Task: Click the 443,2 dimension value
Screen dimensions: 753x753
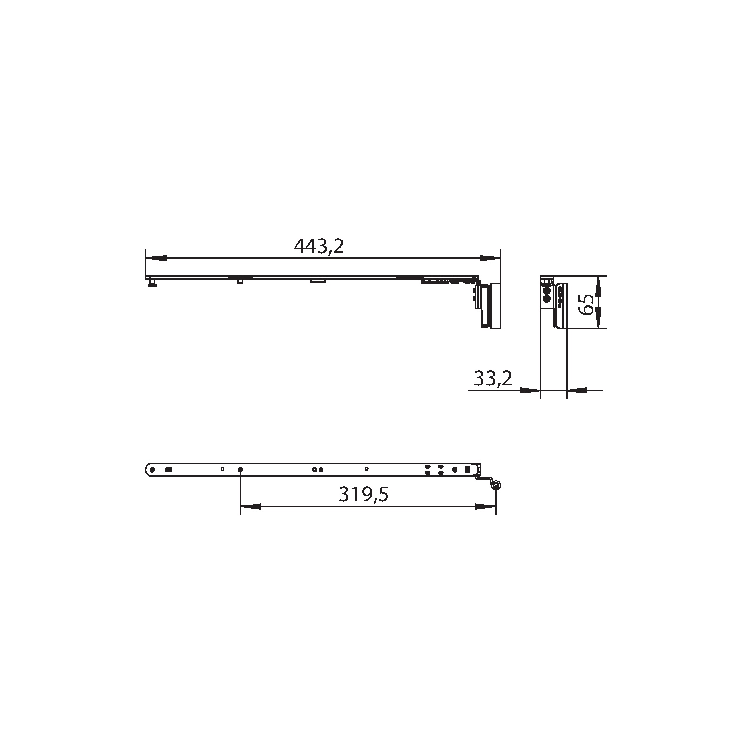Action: tap(319, 246)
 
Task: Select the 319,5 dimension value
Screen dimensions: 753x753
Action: tap(364, 495)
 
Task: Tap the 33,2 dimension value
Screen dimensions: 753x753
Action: tap(493, 378)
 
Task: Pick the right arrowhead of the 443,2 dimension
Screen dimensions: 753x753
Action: tap(490, 258)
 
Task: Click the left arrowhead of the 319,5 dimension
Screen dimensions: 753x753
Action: tap(250, 506)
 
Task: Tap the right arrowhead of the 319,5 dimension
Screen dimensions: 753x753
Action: tap(485, 506)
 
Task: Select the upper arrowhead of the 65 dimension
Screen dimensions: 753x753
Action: tap(598, 286)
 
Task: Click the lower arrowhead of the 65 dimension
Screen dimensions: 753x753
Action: tap(598, 318)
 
